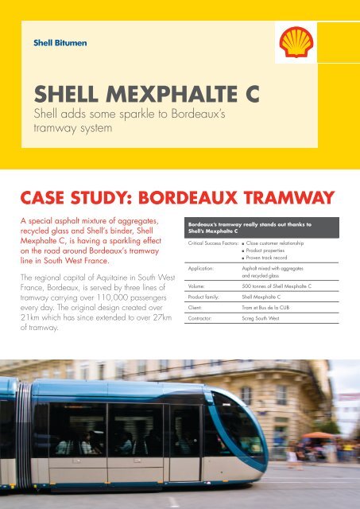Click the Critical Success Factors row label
[x=208, y=239]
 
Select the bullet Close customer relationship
[x=288, y=239]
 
